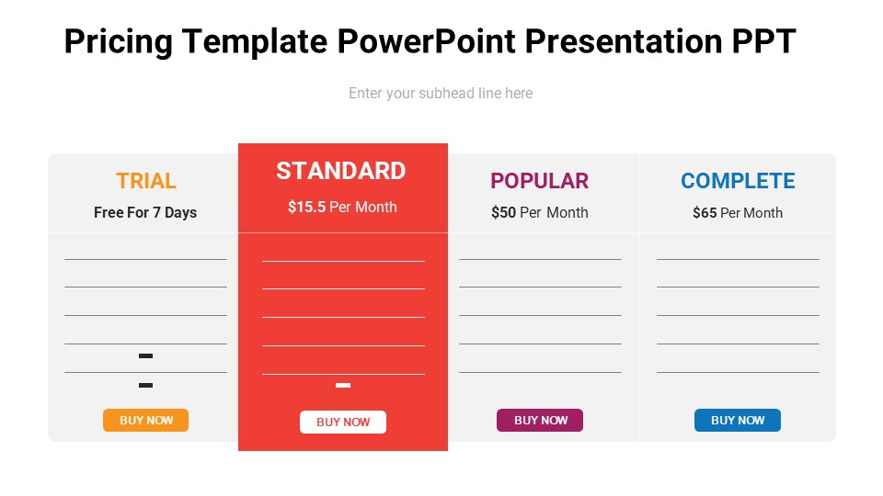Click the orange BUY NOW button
click(x=145, y=420)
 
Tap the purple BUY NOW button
click(x=540, y=420)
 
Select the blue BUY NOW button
click(x=737, y=420)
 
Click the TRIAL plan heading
click(x=146, y=181)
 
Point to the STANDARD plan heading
click(x=341, y=171)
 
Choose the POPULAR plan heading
click(x=539, y=181)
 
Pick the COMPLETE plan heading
click(x=738, y=181)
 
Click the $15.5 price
click(x=306, y=208)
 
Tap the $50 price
click(x=503, y=213)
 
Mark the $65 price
click(x=705, y=213)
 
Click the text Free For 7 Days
click(x=145, y=213)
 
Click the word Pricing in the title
click(x=118, y=42)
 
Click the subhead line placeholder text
click(x=441, y=94)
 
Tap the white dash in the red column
click(x=343, y=385)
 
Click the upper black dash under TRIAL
click(x=145, y=355)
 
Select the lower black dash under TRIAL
click(x=145, y=385)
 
